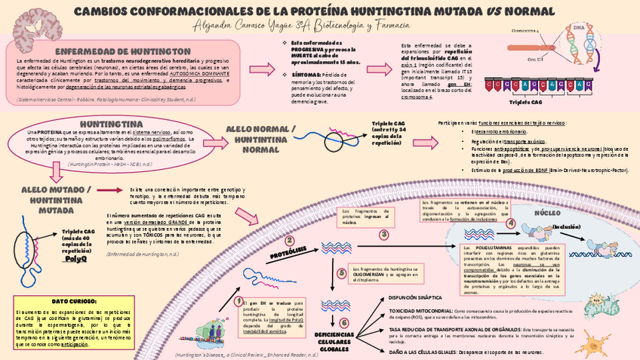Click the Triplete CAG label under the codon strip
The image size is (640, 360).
coord(525,101)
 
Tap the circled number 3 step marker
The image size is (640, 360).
coord(383,235)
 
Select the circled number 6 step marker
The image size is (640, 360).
coord(344,322)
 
